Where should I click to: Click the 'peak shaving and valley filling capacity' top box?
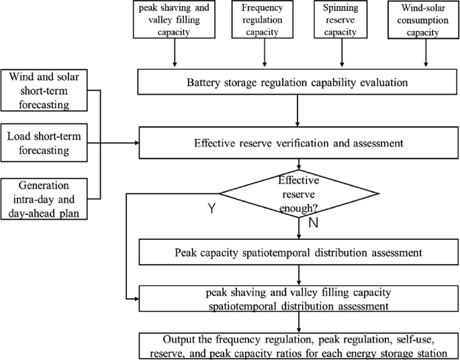point(175,20)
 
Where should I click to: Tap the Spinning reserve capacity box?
point(341,20)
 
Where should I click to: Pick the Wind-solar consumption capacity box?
point(424,20)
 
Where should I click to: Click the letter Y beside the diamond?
point(211,210)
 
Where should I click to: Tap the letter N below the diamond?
point(312,223)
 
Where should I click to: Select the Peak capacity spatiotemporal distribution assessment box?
point(297,254)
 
